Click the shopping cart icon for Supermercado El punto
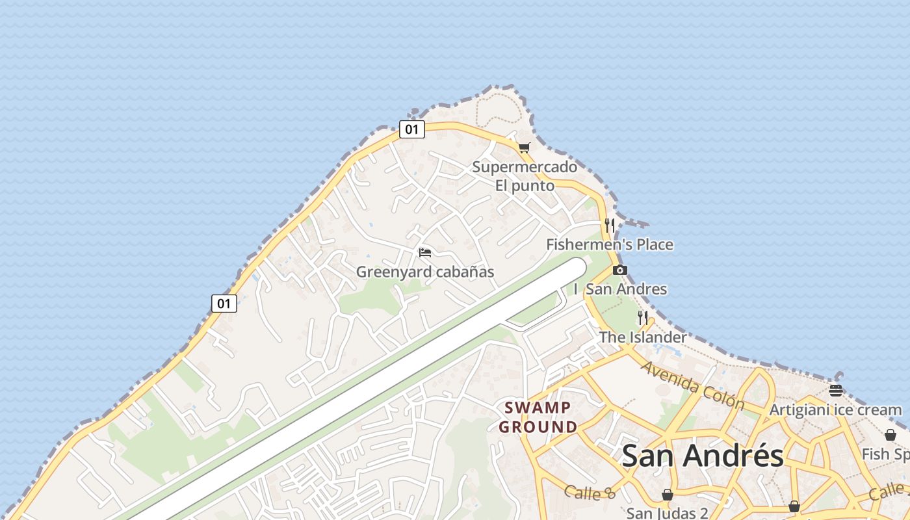(524, 148)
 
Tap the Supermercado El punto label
(525, 176)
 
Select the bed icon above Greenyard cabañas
(425, 252)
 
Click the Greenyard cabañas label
(425, 272)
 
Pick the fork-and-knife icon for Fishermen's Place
(610, 226)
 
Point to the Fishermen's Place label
(609, 245)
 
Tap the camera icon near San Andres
(620, 270)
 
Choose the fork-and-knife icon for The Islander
(643, 318)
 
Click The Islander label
(642, 337)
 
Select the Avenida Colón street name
(692, 385)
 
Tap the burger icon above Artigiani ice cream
(836, 391)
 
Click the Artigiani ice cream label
(835, 410)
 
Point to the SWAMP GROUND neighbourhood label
(538, 417)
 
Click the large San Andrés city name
(703, 456)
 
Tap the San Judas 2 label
(667, 513)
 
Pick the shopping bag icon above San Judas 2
(667, 495)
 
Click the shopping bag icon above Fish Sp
(890, 435)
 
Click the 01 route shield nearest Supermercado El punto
(411, 129)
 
